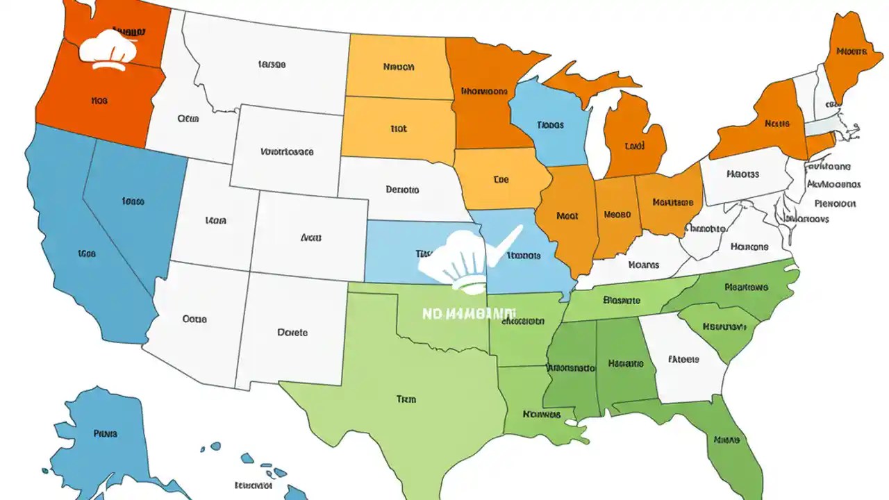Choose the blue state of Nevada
pyautogui.click(x=132, y=201)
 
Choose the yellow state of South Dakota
pyautogui.click(x=397, y=128)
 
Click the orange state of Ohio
pyautogui.click(x=670, y=201)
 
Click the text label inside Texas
pyautogui.click(x=406, y=399)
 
